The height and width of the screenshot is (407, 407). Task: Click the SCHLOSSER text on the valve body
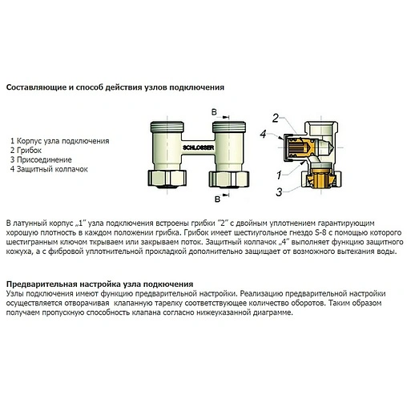198,147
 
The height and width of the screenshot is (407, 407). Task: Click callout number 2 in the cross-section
276,118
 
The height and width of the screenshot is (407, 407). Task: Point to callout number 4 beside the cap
264,134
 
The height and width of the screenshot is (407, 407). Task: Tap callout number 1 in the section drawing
279,175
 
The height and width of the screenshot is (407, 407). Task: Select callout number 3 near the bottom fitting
279,192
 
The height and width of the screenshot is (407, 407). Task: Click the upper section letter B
214,112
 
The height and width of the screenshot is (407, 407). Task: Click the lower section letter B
218,199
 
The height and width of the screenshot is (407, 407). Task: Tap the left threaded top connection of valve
167,127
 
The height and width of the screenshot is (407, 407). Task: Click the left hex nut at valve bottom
167,179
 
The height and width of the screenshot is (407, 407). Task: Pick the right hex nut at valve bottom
229,179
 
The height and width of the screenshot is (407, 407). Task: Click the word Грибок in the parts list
29,151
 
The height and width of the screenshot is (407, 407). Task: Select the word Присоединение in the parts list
44,159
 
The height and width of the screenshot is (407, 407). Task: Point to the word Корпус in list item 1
29,141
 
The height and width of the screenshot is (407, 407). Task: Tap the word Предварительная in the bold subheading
41,284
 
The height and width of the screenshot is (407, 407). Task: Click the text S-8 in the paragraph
320,232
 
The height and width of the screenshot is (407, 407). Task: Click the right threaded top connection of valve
229,127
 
